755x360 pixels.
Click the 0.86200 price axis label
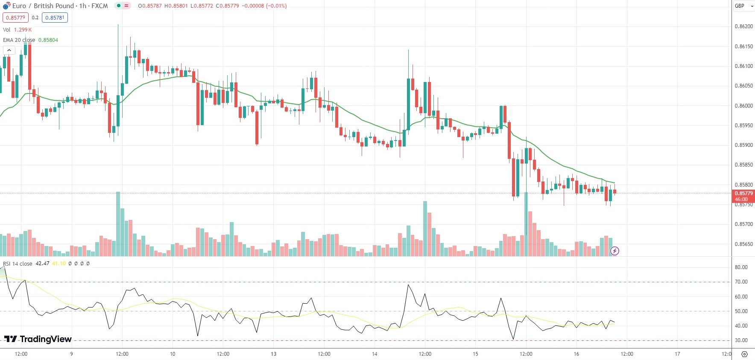point(743,26)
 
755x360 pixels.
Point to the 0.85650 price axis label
point(743,244)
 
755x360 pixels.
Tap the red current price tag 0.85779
point(743,193)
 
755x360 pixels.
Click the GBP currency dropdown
point(743,6)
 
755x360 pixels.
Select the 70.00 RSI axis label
point(741,282)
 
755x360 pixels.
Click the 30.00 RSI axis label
point(741,340)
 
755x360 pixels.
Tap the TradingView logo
point(38,339)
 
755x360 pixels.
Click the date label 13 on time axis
point(273,354)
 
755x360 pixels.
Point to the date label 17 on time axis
point(677,354)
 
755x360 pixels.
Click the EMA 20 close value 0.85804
point(48,40)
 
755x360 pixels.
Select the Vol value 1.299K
point(23,30)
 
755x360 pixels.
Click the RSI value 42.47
point(42,263)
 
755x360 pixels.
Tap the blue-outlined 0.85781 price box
point(55,18)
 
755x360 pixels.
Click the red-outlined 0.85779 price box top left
point(15,18)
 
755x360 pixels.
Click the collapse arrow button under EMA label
point(9,50)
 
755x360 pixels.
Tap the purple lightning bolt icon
point(615,251)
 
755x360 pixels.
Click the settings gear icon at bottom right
point(744,354)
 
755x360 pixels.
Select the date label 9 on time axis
point(71,354)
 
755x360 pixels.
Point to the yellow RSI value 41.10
point(59,263)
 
